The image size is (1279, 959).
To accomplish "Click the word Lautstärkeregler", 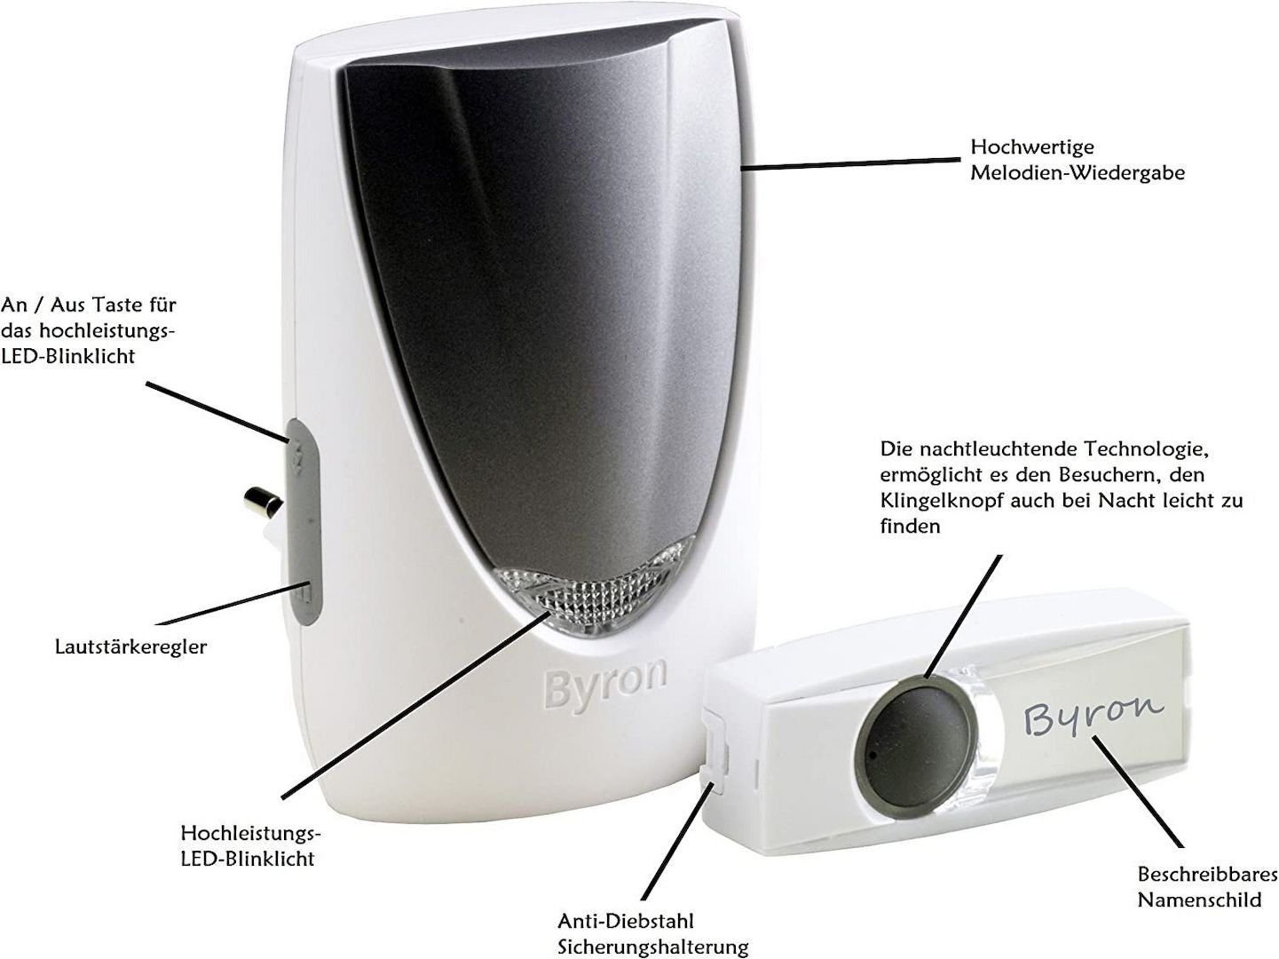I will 130,646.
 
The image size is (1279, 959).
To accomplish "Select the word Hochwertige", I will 1019,147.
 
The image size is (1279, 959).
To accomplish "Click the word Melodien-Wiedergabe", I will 1077,172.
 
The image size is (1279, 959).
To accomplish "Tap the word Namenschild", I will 1199,900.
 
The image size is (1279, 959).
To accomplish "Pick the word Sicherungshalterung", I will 652,947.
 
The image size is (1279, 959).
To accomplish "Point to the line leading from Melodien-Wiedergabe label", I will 852,162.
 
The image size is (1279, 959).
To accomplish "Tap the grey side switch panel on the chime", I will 304,524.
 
